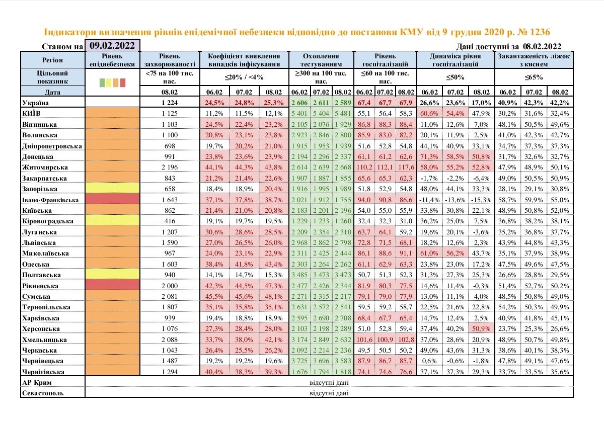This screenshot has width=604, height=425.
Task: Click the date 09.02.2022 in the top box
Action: pos(113,45)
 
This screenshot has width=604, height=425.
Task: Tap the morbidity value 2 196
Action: pos(170,167)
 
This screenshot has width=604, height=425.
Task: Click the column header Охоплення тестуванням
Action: pos(321,60)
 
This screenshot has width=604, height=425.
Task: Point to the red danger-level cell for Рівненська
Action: pos(113,286)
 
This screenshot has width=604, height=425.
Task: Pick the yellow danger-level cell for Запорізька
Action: pos(113,189)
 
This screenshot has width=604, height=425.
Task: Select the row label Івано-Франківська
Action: pos(50,200)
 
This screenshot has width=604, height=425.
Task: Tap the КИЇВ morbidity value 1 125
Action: pos(170,114)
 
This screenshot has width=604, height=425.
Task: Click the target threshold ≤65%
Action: pos(534,78)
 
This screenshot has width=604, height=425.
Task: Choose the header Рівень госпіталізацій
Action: pos(386,60)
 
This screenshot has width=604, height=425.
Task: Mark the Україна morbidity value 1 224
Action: pos(170,103)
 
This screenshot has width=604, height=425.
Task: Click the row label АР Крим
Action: pos(35,383)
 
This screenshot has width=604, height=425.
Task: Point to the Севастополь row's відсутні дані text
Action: pos(329,393)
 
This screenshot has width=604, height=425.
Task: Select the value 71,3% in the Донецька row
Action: pos(431,157)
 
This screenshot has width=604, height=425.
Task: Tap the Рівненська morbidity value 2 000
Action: pos(170,286)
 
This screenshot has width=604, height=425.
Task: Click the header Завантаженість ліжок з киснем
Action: pos(534,60)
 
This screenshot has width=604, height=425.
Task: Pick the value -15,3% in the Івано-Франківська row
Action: pos(481,200)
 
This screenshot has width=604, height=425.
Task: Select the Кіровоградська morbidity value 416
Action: pos(170,221)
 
